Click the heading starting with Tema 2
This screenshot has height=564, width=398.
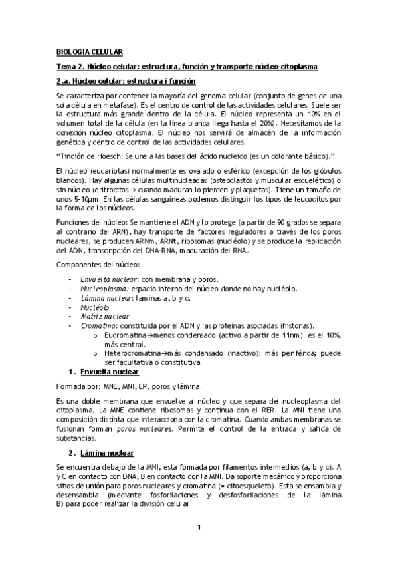click(x=187, y=67)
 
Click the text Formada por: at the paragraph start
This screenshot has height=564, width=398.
click(x=78, y=386)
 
